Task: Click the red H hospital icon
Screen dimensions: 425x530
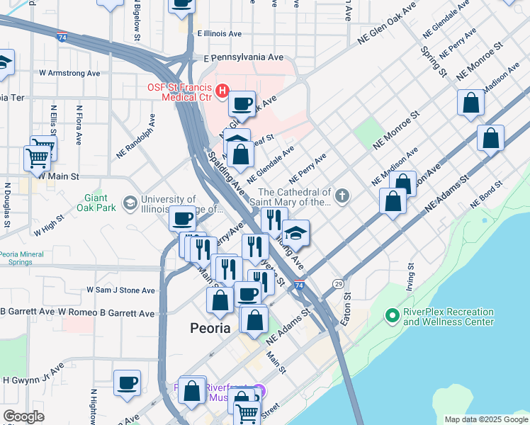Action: (222, 91)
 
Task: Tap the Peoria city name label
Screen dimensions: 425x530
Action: (211, 328)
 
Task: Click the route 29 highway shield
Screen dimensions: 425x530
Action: (339, 283)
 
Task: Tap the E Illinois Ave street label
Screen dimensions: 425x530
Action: (220, 33)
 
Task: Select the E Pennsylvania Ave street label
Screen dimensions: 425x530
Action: (243, 57)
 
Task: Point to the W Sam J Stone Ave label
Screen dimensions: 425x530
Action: (120, 290)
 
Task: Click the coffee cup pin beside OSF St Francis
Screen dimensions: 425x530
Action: (242, 103)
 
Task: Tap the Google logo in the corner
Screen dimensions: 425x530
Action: (23, 416)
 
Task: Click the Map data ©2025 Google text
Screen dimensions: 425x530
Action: (485, 419)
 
